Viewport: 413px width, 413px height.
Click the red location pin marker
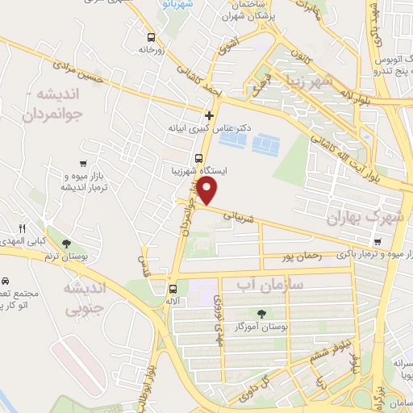pyautogui.click(x=208, y=191)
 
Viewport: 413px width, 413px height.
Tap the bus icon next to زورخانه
pyautogui.click(x=152, y=37)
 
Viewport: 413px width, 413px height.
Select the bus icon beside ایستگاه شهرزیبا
pyautogui.click(x=198, y=158)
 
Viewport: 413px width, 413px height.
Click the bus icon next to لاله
pyautogui.click(x=172, y=289)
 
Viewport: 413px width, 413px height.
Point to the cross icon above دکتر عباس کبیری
pyautogui.click(x=210, y=115)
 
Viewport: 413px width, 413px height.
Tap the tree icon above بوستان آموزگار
pyautogui.click(x=260, y=314)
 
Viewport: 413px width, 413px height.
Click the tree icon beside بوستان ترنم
pyautogui.click(x=66, y=244)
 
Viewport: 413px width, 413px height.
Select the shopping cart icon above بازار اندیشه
pyautogui.click(x=83, y=164)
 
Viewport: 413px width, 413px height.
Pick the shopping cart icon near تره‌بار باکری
pyautogui.click(x=378, y=241)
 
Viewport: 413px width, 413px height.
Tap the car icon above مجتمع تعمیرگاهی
pyautogui.click(x=5, y=282)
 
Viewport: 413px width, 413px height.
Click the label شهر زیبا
pyautogui.click(x=324, y=81)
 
